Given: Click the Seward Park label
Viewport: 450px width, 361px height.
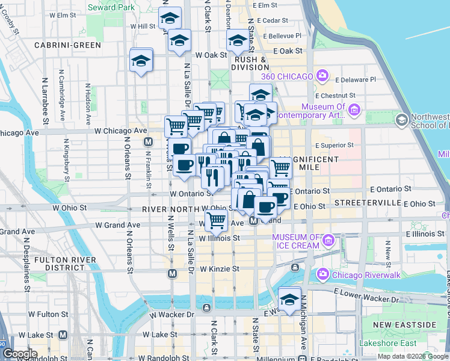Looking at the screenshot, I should point(110,7).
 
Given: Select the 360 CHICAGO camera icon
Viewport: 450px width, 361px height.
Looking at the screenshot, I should point(322,76).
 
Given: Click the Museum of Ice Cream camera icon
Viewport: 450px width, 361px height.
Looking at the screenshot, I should point(328,241).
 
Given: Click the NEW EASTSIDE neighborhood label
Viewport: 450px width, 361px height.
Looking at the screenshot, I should point(404,325).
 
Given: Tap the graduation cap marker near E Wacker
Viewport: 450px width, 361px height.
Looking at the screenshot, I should point(289,300).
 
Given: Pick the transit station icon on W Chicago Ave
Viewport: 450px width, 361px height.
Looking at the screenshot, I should point(147,142).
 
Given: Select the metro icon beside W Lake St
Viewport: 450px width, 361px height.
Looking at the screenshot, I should point(63,335).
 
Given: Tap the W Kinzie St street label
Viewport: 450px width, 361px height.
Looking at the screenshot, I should point(220,268).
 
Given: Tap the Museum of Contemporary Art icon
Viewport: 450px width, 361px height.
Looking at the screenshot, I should point(354,109).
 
